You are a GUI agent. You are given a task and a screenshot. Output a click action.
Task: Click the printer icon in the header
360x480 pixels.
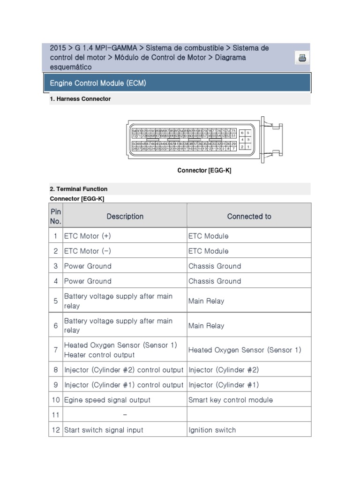(x=302, y=58)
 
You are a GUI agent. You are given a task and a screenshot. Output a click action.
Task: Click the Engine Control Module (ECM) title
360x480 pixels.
(x=98, y=83)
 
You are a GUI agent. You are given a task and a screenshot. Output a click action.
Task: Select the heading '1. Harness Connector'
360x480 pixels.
(x=80, y=99)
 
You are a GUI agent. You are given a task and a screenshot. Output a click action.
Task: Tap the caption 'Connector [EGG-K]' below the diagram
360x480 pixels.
(x=204, y=170)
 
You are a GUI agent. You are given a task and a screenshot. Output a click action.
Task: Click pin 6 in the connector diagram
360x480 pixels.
(x=242, y=133)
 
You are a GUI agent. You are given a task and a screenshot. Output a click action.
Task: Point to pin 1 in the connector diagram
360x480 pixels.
(x=248, y=147)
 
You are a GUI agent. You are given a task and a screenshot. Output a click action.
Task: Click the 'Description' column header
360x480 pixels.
(x=125, y=216)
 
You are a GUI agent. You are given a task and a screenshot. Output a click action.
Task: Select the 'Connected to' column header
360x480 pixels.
(x=249, y=216)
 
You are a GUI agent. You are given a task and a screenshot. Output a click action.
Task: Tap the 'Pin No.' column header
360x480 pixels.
(x=55, y=216)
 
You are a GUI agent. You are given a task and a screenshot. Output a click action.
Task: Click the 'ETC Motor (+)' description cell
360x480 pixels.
(x=87, y=236)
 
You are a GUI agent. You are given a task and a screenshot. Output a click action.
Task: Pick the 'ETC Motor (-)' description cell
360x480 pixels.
(x=87, y=251)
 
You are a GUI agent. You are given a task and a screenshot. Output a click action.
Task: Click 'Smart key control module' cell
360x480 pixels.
(x=230, y=400)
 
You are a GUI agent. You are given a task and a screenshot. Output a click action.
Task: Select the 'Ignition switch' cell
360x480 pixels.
(x=212, y=430)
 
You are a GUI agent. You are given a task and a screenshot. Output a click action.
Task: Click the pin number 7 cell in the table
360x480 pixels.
(x=55, y=350)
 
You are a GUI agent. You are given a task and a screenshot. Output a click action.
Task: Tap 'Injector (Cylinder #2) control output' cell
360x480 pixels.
(x=124, y=370)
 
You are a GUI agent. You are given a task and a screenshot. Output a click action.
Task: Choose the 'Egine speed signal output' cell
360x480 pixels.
(x=107, y=400)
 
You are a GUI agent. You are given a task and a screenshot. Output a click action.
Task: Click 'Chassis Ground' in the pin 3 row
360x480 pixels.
(x=214, y=266)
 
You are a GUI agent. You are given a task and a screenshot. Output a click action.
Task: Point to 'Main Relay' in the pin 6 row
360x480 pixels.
(x=206, y=325)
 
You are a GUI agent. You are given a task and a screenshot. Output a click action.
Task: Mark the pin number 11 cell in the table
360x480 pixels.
(x=55, y=415)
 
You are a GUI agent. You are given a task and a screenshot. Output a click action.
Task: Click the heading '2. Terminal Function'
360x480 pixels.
(x=78, y=189)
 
